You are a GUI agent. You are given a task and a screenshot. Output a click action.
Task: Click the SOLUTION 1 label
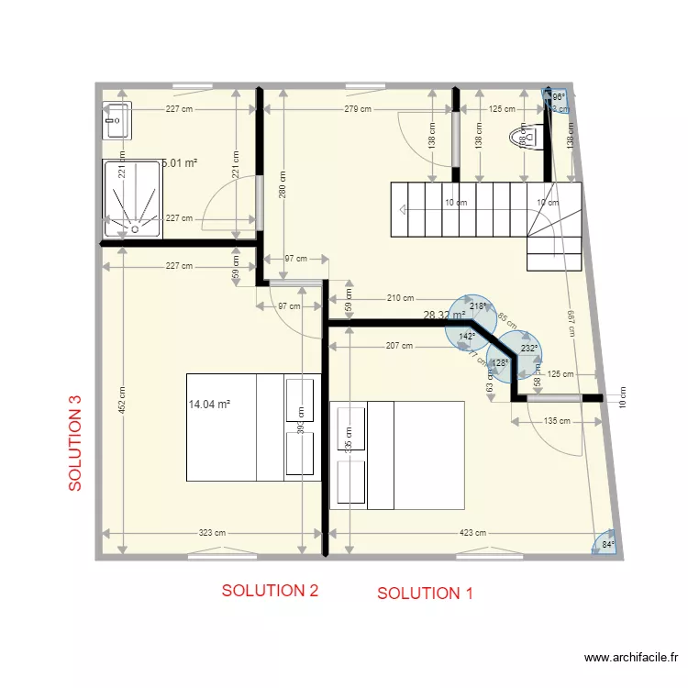click(425, 594)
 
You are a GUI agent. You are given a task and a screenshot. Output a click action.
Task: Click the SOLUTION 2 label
click(270, 591)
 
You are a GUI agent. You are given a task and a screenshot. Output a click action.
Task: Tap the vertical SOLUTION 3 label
click(77, 443)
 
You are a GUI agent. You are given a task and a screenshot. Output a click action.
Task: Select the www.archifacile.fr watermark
click(631, 658)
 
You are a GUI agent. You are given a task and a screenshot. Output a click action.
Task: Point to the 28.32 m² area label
click(443, 316)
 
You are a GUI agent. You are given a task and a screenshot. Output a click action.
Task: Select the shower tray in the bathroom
click(132, 198)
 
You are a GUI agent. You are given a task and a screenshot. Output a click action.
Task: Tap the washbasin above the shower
click(117, 120)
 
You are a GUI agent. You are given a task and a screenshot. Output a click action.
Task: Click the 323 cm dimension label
click(212, 532)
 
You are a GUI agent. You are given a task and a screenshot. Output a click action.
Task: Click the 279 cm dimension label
click(357, 109)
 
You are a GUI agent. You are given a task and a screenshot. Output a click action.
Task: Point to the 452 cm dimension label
click(122, 398)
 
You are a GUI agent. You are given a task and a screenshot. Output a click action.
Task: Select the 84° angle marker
click(607, 545)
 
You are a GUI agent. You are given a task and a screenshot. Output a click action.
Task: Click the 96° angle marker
click(557, 95)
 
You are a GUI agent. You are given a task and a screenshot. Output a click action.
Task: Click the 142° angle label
click(467, 337)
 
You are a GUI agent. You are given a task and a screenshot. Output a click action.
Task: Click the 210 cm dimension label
click(400, 298)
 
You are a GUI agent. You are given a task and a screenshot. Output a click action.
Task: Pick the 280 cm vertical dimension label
click(283, 185)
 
